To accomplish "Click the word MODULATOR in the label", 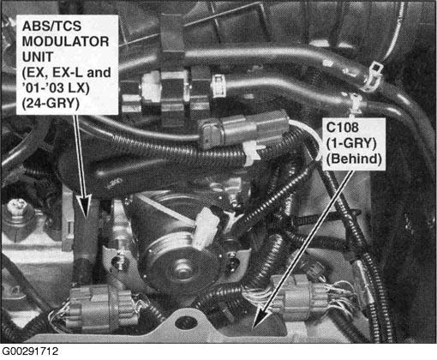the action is (65, 41).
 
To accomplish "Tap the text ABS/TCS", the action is (51, 27).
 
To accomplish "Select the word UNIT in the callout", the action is (38, 57).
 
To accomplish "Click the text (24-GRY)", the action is (51, 103).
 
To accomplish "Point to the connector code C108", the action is (342, 127).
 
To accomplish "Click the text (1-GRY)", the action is (351, 143).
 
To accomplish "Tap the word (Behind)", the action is (354, 159).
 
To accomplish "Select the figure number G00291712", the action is (30, 351).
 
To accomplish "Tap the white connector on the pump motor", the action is (205, 226).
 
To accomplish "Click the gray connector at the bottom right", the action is (300, 297).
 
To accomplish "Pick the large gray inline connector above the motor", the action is (242, 129).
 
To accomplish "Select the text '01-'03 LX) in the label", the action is (56, 87).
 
